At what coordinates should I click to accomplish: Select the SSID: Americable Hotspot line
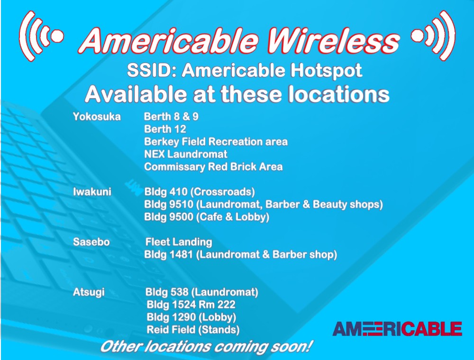[x=244, y=71]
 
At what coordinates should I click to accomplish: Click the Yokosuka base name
[x=97, y=117]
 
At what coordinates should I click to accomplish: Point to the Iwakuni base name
[x=92, y=192]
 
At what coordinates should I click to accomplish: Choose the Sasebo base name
[x=91, y=242]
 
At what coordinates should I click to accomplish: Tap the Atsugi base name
[x=89, y=292]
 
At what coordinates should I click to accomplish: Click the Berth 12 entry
[x=165, y=129]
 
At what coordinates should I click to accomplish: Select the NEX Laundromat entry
[x=186, y=154]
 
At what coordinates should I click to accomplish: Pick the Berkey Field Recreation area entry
[x=216, y=142]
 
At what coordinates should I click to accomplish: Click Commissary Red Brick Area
[x=213, y=167]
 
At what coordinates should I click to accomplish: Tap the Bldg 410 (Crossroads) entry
[x=200, y=192]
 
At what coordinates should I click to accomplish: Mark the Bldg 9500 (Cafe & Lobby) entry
[x=207, y=217]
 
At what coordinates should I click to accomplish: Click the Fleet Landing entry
[x=179, y=242]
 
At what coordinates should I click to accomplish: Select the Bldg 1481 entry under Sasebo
[x=241, y=255]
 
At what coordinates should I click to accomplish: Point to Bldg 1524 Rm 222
[x=191, y=305]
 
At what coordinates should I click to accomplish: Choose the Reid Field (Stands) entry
[x=193, y=330]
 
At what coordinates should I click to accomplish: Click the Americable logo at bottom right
[x=397, y=329]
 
